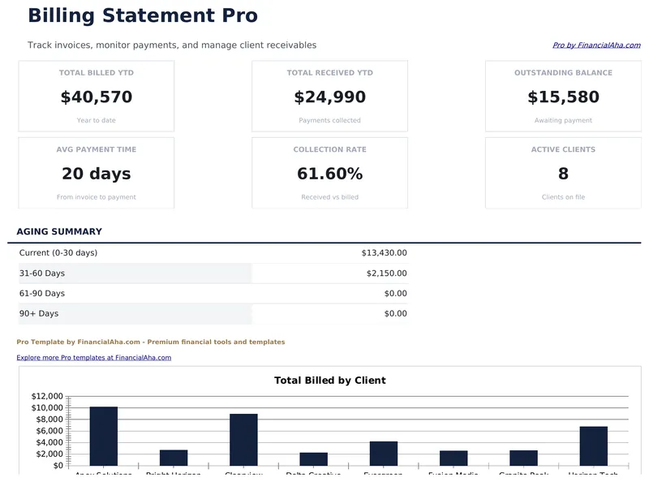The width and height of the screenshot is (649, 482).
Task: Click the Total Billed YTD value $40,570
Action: pyautogui.click(x=96, y=97)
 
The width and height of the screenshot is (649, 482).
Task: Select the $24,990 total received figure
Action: pyautogui.click(x=329, y=97)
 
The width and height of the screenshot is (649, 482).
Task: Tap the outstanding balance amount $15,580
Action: pyautogui.click(x=563, y=97)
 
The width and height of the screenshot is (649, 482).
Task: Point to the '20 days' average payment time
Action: pyautogui.click(x=96, y=174)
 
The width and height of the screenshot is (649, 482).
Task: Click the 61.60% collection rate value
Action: pyautogui.click(x=329, y=174)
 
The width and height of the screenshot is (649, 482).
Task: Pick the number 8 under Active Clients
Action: pyautogui.click(x=563, y=174)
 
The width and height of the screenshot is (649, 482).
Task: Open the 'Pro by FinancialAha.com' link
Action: pyautogui.click(x=595, y=45)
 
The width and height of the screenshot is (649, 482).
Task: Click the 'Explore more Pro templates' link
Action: pyautogui.click(x=93, y=357)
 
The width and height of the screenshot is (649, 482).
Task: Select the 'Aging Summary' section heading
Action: pyautogui.click(x=59, y=231)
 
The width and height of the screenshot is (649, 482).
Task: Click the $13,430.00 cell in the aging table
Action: pyautogui.click(x=384, y=253)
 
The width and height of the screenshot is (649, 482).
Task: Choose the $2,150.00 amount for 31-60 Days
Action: pyautogui.click(x=386, y=273)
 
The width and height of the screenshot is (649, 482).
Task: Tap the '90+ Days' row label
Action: pyautogui.click(x=39, y=313)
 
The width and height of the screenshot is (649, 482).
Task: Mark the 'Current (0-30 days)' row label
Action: pyautogui.click(x=58, y=253)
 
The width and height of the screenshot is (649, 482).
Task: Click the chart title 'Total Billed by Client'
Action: pyautogui.click(x=329, y=380)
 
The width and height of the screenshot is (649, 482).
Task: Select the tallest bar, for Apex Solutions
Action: pyautogui.click(x=104, y=437)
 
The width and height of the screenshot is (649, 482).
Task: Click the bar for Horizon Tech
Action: pyautogui.click(x=593, y=446)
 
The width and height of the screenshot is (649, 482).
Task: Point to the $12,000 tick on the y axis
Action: pyautogui.click(x=47, y=396)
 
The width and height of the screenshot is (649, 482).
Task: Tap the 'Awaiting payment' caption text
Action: pyautogui.click(x=563, y=120)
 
